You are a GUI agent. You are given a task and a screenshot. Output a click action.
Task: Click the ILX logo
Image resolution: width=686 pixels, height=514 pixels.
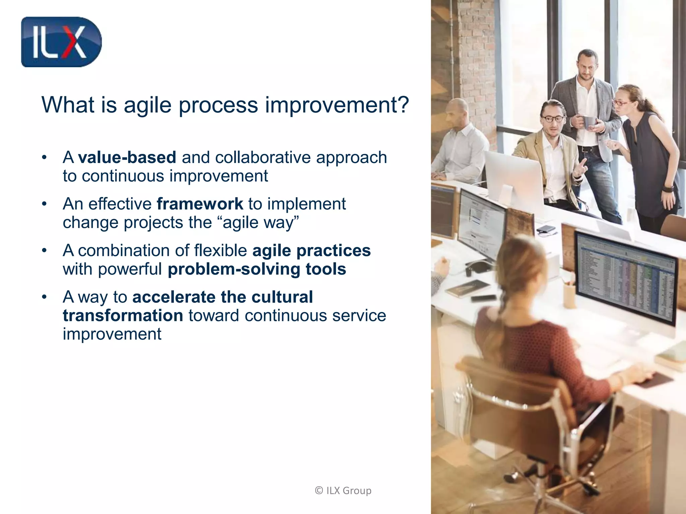coord(61,42)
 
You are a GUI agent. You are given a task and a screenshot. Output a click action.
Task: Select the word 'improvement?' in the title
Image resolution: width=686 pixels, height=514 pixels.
coord(337,105)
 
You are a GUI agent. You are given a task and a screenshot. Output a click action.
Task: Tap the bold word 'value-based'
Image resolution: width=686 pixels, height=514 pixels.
coord(127,157)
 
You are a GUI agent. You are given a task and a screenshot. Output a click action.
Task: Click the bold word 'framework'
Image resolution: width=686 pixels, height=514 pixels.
coord(200,204)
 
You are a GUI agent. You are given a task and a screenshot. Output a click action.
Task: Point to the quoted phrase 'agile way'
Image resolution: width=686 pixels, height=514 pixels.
coord(260,223)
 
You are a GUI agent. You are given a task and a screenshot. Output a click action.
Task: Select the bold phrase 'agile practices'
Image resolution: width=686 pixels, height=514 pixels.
coord(312,250)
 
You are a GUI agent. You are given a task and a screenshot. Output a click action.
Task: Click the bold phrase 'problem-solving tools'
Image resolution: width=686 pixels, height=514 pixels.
coord(257,269)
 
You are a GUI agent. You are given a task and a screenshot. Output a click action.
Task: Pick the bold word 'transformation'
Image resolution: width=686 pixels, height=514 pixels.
coord(123,316)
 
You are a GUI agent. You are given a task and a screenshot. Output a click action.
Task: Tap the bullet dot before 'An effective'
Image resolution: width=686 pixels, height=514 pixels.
coord(44,204)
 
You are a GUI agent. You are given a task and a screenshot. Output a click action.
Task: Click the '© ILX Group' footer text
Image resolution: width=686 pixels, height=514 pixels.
coord(343,491)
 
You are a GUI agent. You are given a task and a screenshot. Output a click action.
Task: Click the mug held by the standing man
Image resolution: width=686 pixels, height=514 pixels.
coord(588,122)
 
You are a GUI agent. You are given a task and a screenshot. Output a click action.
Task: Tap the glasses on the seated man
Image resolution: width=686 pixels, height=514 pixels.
coord(553,118)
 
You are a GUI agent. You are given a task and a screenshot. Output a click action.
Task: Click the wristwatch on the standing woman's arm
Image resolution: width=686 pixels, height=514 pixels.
coord(668,189)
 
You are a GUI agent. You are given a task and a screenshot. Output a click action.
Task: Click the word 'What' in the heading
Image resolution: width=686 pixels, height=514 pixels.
coord(67,105)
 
